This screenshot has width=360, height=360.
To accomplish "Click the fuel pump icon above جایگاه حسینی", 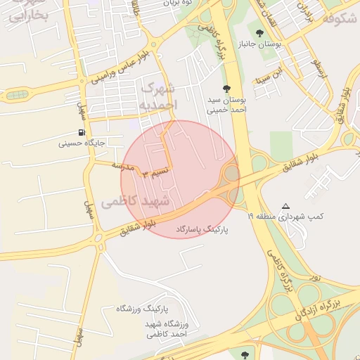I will tap(82, 132).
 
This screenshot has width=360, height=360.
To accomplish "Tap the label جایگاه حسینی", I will tap(82, 143).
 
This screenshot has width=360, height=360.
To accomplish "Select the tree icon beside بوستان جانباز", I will tap(260, 33).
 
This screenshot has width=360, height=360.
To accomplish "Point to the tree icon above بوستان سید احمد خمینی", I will tap(226, 89).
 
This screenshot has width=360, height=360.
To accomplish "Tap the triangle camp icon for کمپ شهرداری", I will tap(285, 207).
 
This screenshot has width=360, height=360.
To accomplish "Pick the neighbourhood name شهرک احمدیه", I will tap(158, 96).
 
